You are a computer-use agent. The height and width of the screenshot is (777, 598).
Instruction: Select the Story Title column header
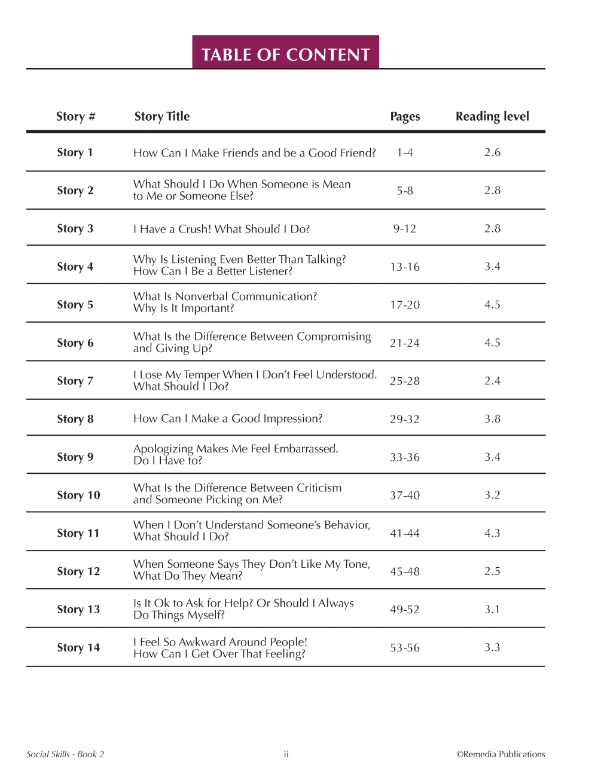(162, 117)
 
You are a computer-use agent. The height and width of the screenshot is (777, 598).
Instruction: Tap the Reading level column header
(492, 117)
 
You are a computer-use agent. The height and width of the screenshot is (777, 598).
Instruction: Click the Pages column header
(405, 117)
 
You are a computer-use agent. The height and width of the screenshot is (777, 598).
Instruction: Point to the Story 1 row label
(75, 152)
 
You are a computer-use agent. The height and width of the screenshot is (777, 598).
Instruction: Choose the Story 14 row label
(78, 648)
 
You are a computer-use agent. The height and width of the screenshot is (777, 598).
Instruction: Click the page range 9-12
(405, 229)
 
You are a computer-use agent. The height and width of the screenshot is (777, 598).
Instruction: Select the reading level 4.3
(492, 533)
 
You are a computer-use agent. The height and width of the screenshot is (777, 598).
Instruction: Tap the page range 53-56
(405, 648)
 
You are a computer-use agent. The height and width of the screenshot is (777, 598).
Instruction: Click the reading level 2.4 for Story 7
(492, 381)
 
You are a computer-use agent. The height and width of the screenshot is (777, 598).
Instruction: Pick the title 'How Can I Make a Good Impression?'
(228, 419)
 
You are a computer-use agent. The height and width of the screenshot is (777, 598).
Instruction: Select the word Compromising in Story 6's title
(334, 337)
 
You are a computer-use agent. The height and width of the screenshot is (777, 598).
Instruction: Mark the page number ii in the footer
(286, 754)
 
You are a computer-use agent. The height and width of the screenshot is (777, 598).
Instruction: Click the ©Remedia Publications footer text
(501, 754)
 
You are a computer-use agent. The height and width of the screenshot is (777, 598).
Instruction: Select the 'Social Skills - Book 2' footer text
(65, 754)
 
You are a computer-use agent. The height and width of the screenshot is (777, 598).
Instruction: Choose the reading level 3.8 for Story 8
(492, 419)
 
